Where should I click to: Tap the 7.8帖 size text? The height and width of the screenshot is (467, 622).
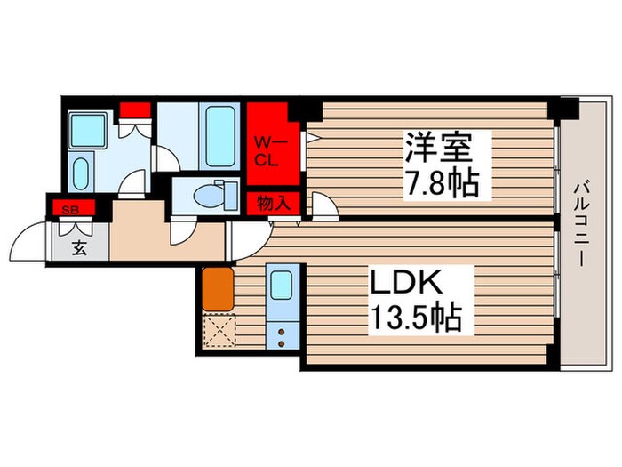point(442,183)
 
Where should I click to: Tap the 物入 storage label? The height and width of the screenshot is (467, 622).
point(272,204)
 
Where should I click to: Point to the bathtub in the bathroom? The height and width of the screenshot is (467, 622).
point(220,136)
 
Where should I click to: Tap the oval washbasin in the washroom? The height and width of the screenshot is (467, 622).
point(80,171)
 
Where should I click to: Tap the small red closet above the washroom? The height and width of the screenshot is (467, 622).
point(135,110)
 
